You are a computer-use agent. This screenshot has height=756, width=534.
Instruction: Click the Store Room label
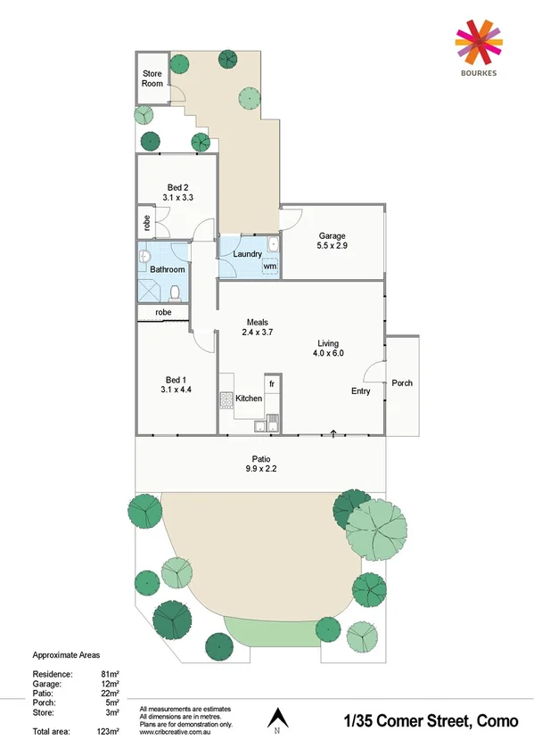point(152,78)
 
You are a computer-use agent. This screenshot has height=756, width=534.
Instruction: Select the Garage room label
point(332,236)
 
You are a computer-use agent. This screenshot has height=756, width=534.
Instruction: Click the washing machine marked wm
point(269,266)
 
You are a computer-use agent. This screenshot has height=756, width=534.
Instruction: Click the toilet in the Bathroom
point(177,291)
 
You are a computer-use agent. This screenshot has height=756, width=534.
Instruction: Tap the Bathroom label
point(167,269)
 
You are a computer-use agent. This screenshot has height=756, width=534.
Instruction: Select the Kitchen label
point(249,399)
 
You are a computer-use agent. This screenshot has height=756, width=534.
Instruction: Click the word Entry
point(360,391)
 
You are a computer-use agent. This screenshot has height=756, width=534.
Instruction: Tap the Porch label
point(402,383)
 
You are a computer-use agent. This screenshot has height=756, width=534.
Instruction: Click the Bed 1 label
point(175,377)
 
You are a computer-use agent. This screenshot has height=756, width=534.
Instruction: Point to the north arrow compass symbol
point(276,717)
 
